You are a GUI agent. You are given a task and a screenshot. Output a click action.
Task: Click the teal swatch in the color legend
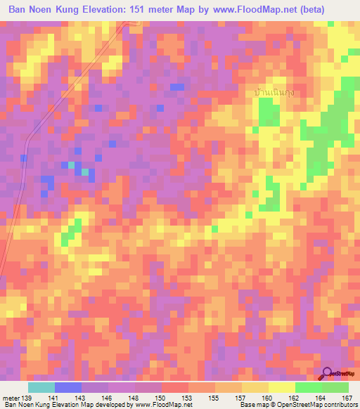tap(41, 387)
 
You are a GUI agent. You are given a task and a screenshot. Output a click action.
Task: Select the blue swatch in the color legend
tap(68, 387)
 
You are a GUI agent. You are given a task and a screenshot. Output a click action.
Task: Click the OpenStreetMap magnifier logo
tap(328, 374)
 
